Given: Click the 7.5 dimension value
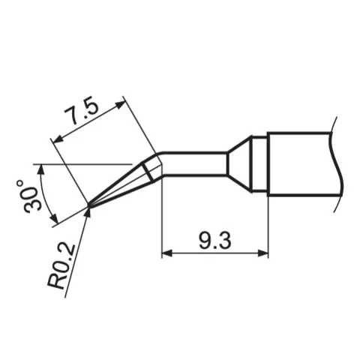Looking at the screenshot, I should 82,114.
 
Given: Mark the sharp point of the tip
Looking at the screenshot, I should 88,205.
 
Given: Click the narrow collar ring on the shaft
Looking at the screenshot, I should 259,163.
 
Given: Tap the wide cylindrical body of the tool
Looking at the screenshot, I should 300,163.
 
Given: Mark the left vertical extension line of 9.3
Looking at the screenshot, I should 163,217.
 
